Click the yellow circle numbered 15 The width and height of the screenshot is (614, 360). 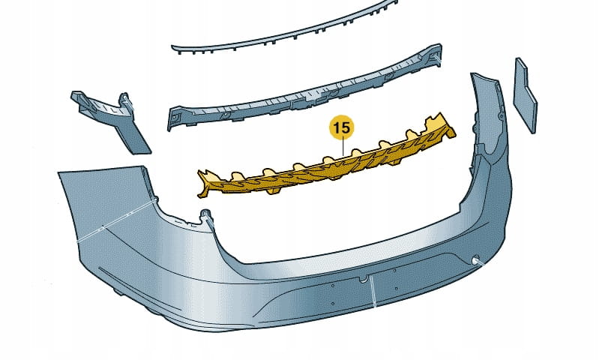tap(341, 127)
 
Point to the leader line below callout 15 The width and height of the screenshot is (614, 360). tap(343, 148)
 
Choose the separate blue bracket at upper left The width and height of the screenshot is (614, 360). tap(112, 119)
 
